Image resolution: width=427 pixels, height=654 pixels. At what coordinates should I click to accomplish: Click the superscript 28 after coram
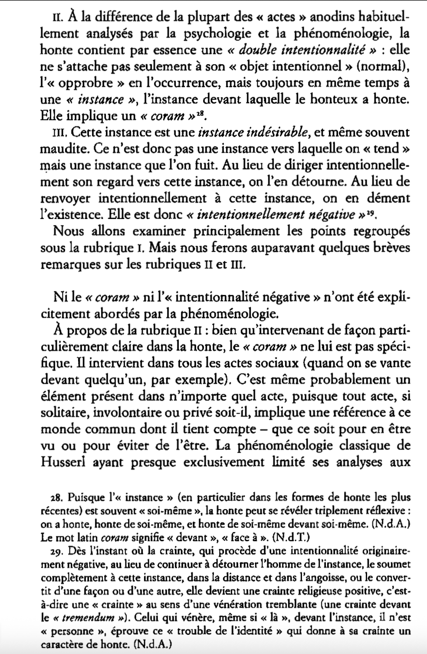coord(198,114)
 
